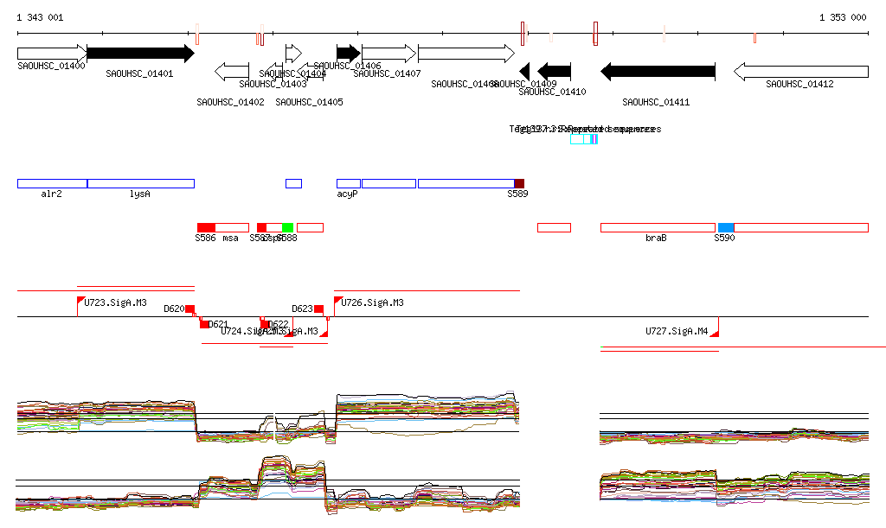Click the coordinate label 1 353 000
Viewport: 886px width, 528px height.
click(x=843, y=17)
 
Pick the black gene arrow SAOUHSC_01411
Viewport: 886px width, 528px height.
click(x=658, y=71)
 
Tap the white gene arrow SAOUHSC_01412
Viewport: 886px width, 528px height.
click(x=801, y=71)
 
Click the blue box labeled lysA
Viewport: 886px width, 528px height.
click(x=141, y=183)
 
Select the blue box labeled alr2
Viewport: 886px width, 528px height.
click(x=52, y=183)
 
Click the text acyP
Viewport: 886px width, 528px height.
click(x=347, y=194)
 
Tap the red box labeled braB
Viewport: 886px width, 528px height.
click(x=658, y=227)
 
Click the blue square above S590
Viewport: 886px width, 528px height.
click(x=725, y=227)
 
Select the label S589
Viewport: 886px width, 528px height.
click(x=517, y=194)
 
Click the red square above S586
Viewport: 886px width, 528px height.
click(x=206, y=227)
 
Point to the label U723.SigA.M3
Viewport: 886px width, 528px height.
click(x=115, y=303)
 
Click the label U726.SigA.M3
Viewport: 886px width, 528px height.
click(x=372, y=303)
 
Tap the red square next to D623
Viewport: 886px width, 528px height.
click(x=318, y=309)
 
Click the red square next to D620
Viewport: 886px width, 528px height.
click(x=190, y=309)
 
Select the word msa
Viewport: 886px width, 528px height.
click(x=230, y=238)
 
